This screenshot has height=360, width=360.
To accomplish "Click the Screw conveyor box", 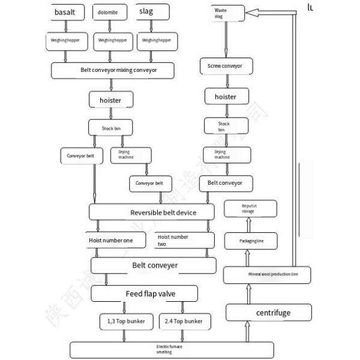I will (x=225, y=67).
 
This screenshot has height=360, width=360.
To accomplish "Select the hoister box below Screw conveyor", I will (x=225, y=97).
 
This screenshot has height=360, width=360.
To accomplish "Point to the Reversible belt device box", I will (x=151, y=212).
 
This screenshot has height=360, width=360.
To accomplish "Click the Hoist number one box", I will (x=115, y=241).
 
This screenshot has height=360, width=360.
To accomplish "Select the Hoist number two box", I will (x=182, y=241).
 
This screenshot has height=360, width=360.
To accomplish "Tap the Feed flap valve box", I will (x=145, y=294).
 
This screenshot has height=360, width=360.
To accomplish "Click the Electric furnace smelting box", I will (x=172, y=349).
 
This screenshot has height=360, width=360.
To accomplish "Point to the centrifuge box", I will (x=269, y=313).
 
